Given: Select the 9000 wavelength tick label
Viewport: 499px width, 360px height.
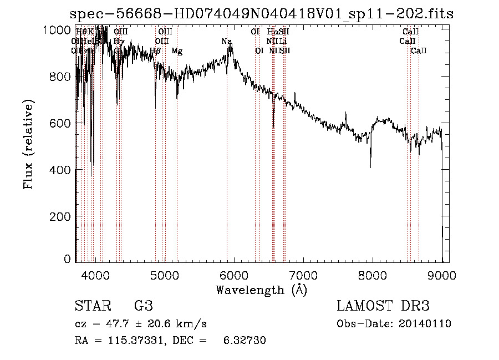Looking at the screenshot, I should tap(441, 275).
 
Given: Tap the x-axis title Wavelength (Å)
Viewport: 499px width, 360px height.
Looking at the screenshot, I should tap(261, 290).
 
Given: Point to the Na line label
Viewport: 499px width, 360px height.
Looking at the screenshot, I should tap(226, 42).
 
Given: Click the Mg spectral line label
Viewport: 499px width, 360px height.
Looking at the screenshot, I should tap(177, 51).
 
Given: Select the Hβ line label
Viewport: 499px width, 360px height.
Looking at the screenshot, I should tap(155, 51).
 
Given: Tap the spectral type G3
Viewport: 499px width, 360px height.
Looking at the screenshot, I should tap(143, 306).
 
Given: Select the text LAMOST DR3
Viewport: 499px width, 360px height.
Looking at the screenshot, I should tap(383, 306).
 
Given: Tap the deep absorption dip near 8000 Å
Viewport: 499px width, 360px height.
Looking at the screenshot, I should tap(370, 165).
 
